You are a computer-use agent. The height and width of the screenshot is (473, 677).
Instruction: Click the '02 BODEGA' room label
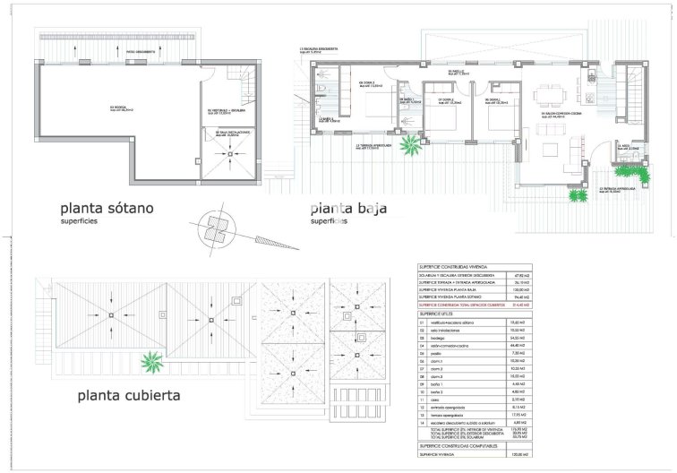click(122, 108)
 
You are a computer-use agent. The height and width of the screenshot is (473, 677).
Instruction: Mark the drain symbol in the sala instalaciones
click(230, 153)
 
